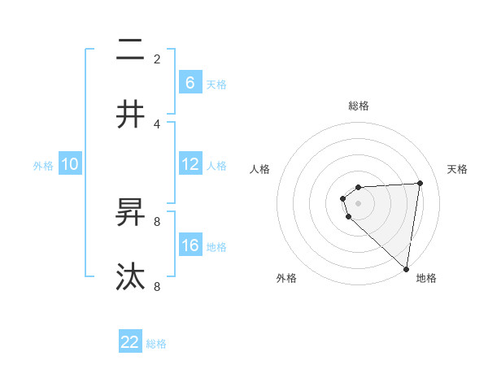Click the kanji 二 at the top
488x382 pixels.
(x=130, y=52)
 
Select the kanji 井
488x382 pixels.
(x=130, y=115)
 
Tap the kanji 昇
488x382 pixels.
(x=130, y=214)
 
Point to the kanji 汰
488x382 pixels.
(x=130, y=277)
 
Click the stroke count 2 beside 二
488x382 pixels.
(x=157, y=59)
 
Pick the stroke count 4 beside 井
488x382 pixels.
(x=157, y=124)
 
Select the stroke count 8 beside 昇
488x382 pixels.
(x=157, y=221)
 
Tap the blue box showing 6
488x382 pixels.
(x=190, y=82)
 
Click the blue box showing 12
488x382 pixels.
(x=190, y=164)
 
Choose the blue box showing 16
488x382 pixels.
(x=190, y=245)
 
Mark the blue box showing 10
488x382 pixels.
(x=70, y=164)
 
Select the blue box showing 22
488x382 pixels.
(x=130, y=342)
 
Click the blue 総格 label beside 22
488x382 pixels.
(x=156, y=344)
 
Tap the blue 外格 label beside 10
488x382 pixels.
(x=43, y=166)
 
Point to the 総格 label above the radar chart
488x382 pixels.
(x=359, y=106)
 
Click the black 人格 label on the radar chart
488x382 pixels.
(x=260, y=169)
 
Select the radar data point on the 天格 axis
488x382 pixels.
(x=420, y=183)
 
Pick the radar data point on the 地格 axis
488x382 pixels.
(x=406, y=268)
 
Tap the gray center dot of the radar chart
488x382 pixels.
(x=359, y=202)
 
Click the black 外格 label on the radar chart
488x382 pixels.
(x=286, y=278)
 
